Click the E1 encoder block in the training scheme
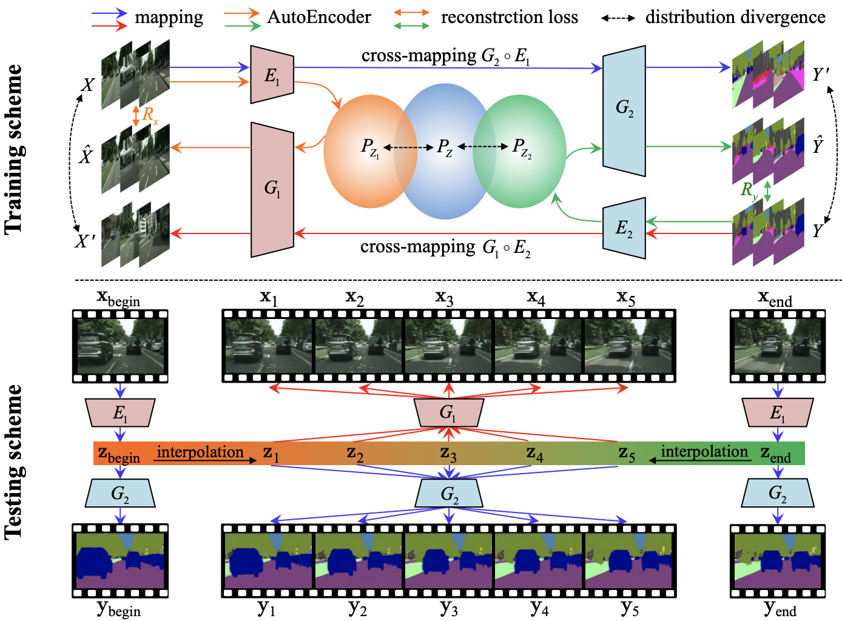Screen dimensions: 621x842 (272, 75)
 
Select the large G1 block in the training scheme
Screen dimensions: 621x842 (272, 189)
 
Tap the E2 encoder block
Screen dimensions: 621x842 (624, 228)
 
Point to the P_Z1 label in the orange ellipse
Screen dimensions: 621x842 (369, 147)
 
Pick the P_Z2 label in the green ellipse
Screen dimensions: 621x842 (521, 147)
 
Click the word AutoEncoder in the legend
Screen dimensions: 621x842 (319, 17)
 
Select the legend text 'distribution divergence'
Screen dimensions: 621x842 (735, 17)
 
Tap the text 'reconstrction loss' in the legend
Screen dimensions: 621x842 (509, 17)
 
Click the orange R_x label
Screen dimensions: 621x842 (149, 115)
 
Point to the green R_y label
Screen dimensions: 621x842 (749, 190)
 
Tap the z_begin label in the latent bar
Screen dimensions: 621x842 (119, 454)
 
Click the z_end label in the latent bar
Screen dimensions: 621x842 (776, 454)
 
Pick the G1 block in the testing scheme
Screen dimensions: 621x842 (448, 413)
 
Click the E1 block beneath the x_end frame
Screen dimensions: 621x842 (777, 413)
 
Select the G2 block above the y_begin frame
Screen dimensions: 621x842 (120, 493)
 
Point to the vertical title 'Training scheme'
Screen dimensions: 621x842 (13, 149)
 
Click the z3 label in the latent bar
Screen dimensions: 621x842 (448, 453)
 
